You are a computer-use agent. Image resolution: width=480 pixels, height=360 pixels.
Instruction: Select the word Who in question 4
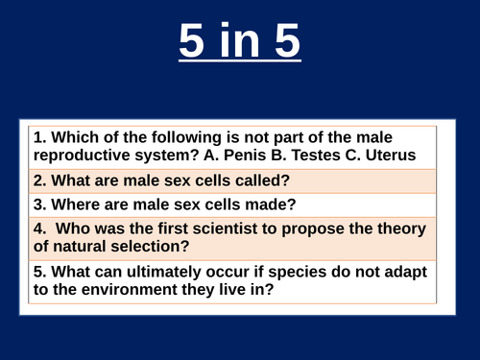click(79, 230)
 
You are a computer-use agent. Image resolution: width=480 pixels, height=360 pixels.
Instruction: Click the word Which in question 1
click(78, 138)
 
